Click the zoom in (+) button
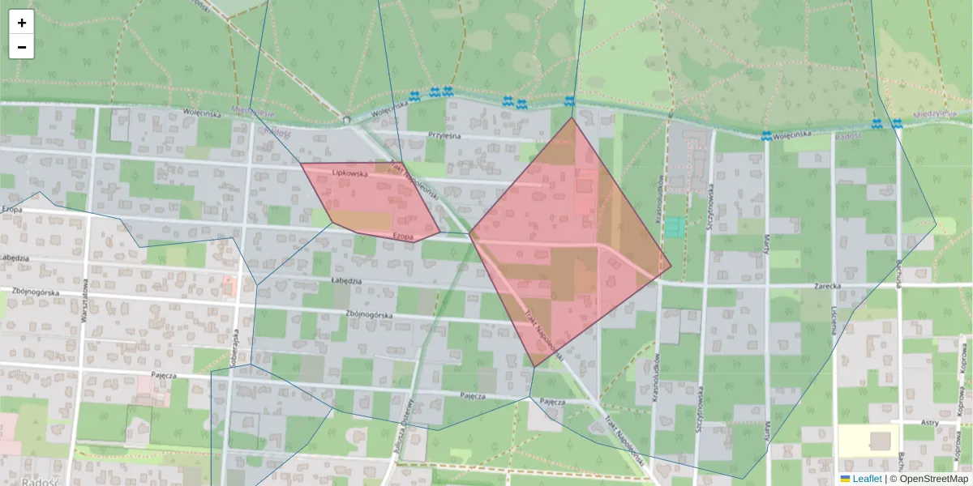click(x=22, y=23)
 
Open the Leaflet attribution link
click(x=867, y=479)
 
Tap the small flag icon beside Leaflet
click(x=846, y=479)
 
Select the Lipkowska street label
click(x=350, y=173)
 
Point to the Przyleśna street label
click(x=444, y=136)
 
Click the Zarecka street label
click(x=828, y=286)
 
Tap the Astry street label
click(x=930, y=423)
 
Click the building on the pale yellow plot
click(x=879, y=441)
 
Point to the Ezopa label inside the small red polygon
click(x=404, y=235)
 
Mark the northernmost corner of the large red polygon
click(x=572, y=118)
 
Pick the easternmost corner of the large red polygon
click(x=671, y=265)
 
